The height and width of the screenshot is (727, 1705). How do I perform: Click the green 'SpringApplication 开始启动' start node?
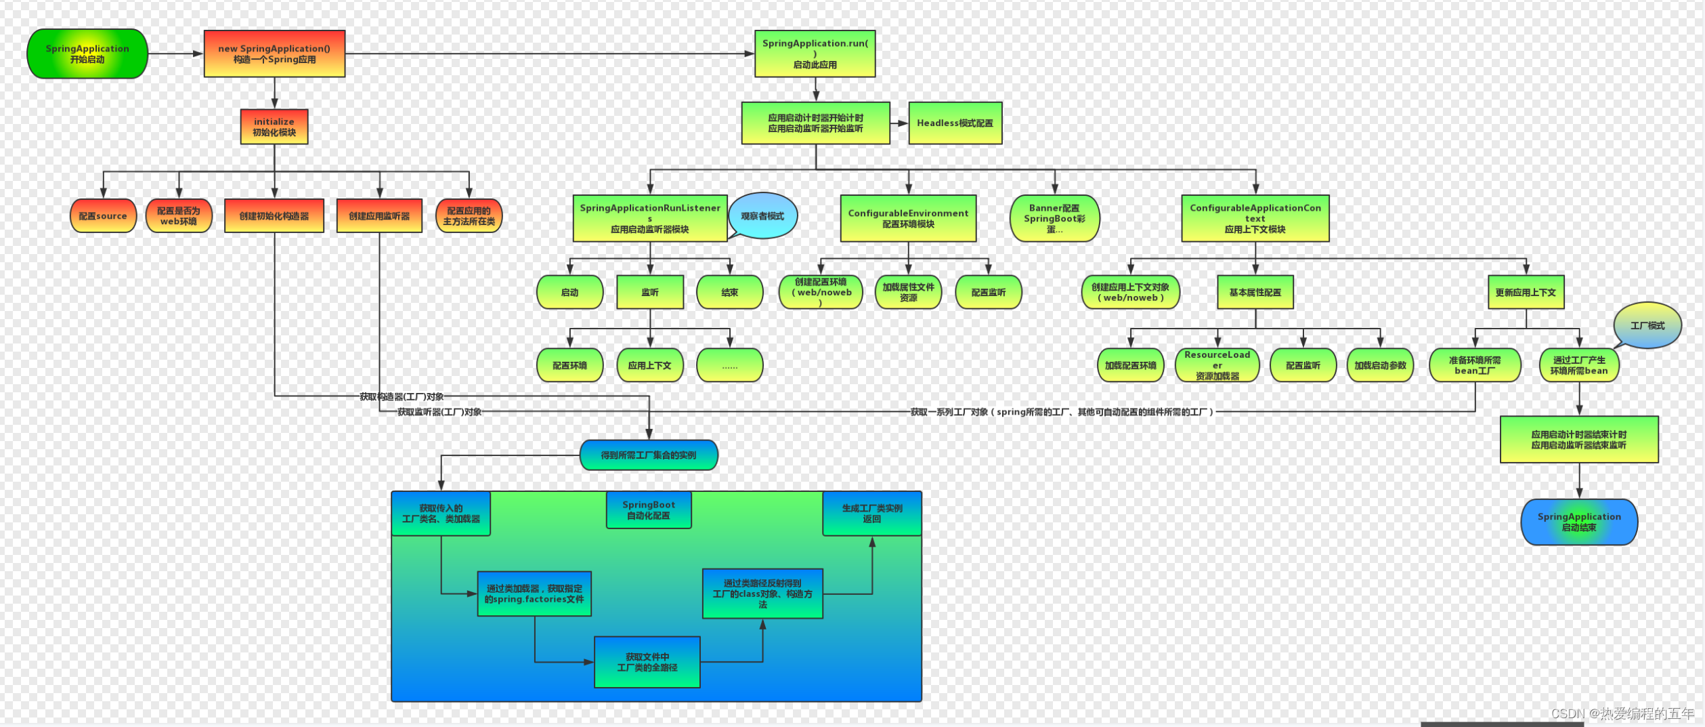(87, 54)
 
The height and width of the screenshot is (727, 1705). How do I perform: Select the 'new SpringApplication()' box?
(274, 54)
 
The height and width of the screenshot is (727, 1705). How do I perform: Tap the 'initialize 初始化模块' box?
(274, 127)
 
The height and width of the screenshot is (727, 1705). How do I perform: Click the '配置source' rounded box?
(103, 216)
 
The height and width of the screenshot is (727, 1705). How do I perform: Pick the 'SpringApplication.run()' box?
(815, 54)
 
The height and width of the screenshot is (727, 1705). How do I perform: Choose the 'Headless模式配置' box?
(955, 123)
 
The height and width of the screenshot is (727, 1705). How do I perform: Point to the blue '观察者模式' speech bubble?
(762, 216)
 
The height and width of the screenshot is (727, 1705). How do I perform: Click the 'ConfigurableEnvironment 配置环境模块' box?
(908, 218)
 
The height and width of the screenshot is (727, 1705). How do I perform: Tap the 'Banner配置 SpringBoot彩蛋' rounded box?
(1054, 218)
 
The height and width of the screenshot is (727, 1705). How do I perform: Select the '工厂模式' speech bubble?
(1647, 326)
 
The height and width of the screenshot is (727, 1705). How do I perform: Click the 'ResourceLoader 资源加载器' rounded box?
(1217, 365)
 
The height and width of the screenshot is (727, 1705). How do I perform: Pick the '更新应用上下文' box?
(1526, 292)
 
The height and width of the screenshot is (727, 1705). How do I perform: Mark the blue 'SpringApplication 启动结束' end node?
(1579, 522)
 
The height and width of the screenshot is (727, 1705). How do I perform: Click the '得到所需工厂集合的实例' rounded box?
(649, 455)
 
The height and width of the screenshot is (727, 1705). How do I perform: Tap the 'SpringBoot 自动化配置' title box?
(649, 510)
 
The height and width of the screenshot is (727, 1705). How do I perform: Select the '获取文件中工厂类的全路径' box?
(647, 662)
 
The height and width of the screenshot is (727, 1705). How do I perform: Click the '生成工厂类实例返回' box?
(871, 514)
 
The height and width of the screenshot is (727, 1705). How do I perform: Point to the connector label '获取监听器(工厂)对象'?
(439, 412)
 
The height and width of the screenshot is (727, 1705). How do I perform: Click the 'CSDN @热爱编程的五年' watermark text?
(1622, 713)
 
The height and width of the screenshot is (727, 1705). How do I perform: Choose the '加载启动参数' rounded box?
(1380, 365)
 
